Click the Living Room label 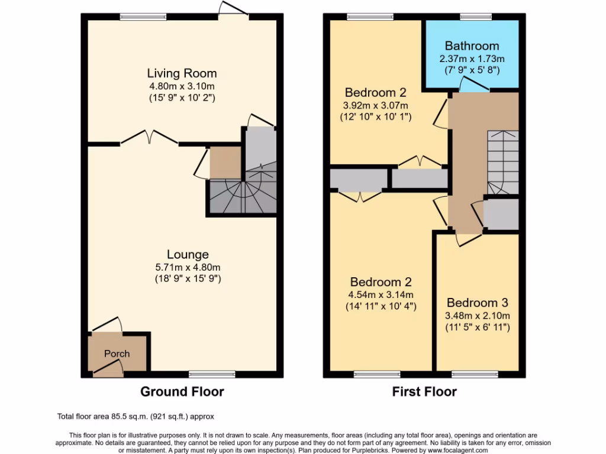pyautogui.click(x=182, y=73)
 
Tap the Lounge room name pyautogui.click(x=188, y=255)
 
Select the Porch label pyautogui.click(x=117, y=354)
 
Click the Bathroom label pyautogui.click(x=472, y=46)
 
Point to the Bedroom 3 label pyautogui.click(x=478, y=303)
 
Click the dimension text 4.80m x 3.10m pyautogui.click(x=182, y=86)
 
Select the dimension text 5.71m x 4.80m pyautogui.click(x=188, y=267)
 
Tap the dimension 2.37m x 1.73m pyautogui.click(x=472, y=59)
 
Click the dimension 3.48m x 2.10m pyautogui.click(x=478, y=315)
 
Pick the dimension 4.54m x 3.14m pyautogui.click(x=381, y=295)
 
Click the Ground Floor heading pyautogui.click(x=182, y=391)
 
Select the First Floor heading pyautogui.click(x=424, y=391)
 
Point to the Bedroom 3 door pyautogui.click(x=469, y=238)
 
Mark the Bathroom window pyautogui.click(x=472, y=17)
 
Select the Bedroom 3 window pyautogui.click(x=474, y=374)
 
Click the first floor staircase pyautogui.click(x=502, y=162)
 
